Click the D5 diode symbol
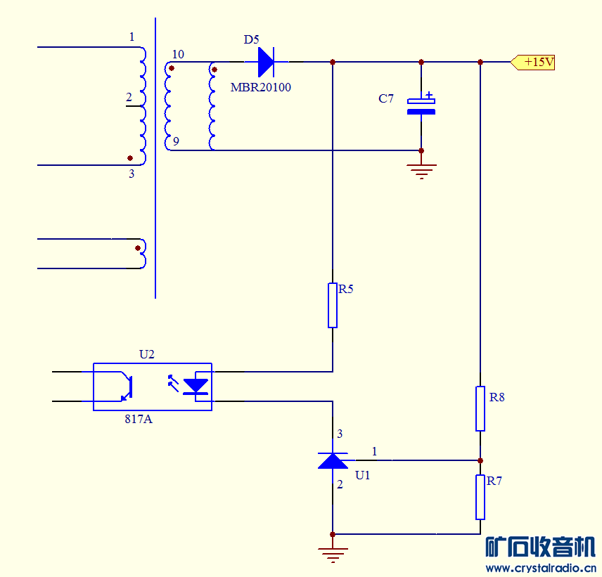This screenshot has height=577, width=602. [266, 62]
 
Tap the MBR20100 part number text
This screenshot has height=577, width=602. [261, 87]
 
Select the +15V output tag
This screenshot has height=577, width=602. [534, 62]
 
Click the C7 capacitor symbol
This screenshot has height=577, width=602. [421, 106]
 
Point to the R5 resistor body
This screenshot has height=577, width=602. [333, 305]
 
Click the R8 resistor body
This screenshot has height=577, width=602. [480, 408]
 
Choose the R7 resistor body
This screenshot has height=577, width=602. [480, 497]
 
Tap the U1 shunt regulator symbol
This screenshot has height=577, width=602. [333, 460]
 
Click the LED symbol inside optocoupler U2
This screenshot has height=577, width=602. [195, 386]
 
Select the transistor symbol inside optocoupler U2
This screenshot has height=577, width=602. [126, 387]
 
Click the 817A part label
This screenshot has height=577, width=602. [139, 419]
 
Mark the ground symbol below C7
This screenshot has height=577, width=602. [421, 170]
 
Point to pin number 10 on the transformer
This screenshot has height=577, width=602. [178, 54]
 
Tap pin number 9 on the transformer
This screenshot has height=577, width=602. [176, 141]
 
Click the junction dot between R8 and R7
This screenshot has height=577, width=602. [480, 460]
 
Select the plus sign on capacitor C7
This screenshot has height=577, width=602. [429, 94]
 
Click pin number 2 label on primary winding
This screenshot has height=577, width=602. [129, 98]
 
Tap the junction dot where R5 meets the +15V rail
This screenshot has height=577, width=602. [333, 62]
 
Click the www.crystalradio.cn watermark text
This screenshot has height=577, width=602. [541, 568]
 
